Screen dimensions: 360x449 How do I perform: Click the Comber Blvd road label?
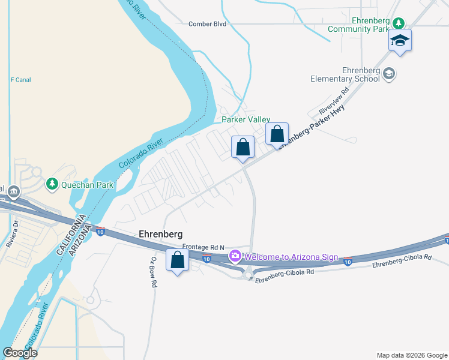(207, 24)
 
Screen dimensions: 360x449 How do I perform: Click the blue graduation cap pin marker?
(400, 41)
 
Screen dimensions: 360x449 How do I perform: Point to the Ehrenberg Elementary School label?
(345, 75)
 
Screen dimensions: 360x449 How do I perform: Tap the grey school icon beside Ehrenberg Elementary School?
(388, 74)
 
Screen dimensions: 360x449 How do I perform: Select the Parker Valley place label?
(246, 120)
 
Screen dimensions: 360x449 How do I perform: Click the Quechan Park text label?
(87, 185)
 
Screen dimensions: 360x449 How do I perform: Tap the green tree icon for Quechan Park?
(52, 184)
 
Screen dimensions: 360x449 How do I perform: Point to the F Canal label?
(20, 80)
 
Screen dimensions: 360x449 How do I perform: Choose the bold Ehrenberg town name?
(160, 234)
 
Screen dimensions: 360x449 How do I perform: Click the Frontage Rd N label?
(203, 247)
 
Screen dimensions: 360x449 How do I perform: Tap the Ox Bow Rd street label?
(153, 272)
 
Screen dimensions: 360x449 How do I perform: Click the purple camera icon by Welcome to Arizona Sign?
(235, 257)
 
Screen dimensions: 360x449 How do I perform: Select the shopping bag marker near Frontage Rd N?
(177, 260)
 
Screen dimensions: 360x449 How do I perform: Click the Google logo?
(20, 353)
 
